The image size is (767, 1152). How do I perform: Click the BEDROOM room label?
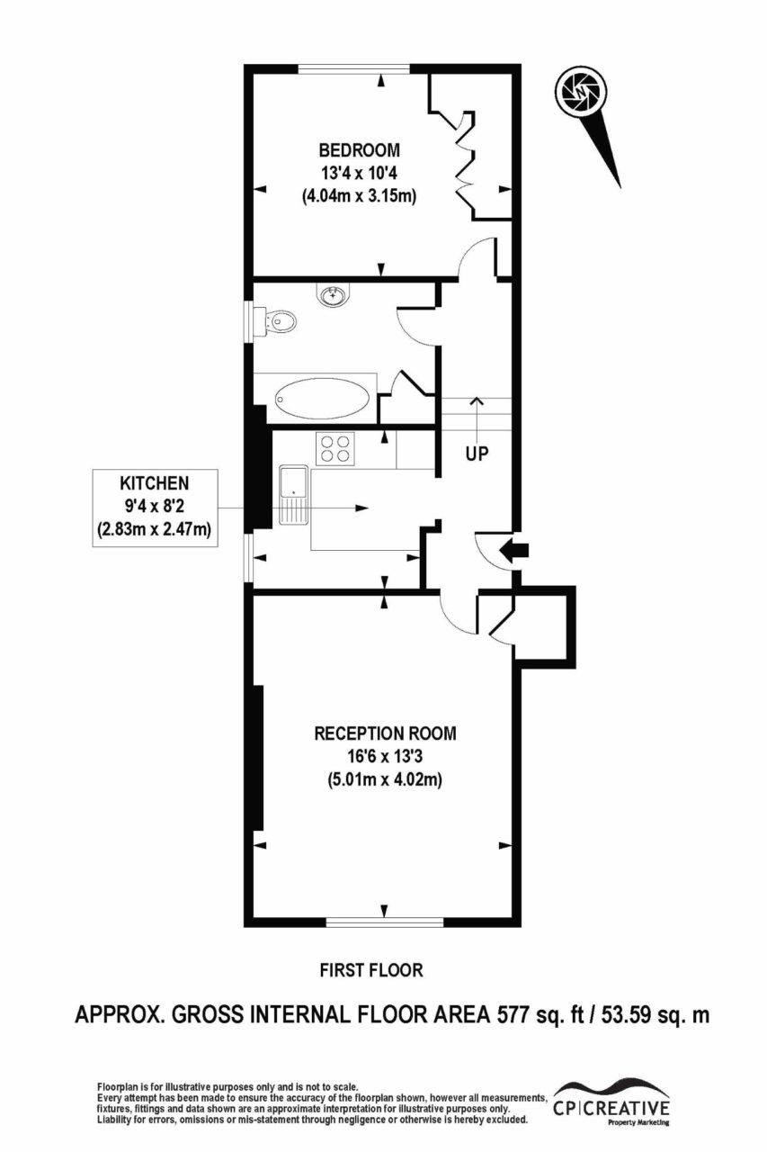pyautogui.click(x=360, y=150)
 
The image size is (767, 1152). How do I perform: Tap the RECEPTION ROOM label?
pyautogui.click(x=385, y=733)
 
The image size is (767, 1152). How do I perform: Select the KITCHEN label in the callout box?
pyautogui.click(x=154, y=483)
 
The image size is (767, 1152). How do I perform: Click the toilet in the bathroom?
pyautogui.click(x=276, y=322)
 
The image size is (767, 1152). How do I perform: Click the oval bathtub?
pyautogui.click(x=322, y=398)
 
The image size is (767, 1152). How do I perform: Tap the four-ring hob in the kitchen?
pyautogui.click(x=336, y=448)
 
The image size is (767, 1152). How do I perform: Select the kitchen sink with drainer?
pyautogui.click(x=294, y=495)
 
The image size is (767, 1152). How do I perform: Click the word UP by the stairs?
pyautogui.click(x=477, y=454)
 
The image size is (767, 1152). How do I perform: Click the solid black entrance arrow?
pyautogui.click(x=514, y=551)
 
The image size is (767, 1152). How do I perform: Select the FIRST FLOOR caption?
pyautogui.click(x=371, y=970)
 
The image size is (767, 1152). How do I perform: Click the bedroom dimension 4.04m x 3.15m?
pyautogui.click(x=359, y=196)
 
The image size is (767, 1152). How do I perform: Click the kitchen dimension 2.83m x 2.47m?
pyautogui.click(x=154, y=528)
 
